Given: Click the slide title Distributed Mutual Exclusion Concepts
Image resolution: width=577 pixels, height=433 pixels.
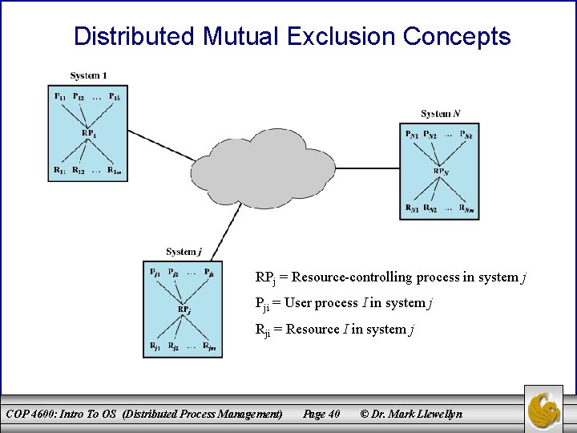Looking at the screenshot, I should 292,36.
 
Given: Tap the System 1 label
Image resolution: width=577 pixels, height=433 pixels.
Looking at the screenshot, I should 88,75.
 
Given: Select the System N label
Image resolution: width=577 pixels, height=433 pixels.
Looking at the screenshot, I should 441,114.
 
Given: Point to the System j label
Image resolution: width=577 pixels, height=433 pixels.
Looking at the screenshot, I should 184,252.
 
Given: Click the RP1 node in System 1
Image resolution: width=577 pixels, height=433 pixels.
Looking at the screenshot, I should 89,132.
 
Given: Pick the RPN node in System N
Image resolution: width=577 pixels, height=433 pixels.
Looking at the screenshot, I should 441,171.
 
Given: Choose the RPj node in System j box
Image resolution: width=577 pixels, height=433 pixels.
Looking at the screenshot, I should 184,309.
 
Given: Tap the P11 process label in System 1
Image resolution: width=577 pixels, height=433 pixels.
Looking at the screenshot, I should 60,97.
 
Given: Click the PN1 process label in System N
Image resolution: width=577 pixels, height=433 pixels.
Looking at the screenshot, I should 411,135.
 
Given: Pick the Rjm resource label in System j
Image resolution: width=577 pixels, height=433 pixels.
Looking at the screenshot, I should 209,346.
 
